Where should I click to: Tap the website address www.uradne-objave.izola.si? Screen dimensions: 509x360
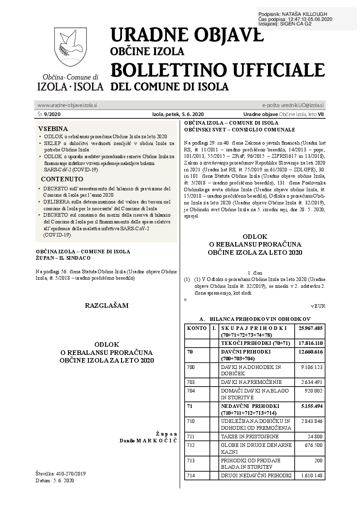67,105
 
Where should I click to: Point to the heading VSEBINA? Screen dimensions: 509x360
53,128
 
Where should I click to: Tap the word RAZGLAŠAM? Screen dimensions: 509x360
107,305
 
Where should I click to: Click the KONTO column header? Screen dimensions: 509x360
196,328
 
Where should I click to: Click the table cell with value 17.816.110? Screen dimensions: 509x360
310,343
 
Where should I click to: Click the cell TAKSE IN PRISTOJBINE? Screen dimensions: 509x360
247,436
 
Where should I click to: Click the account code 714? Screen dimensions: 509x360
191,475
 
